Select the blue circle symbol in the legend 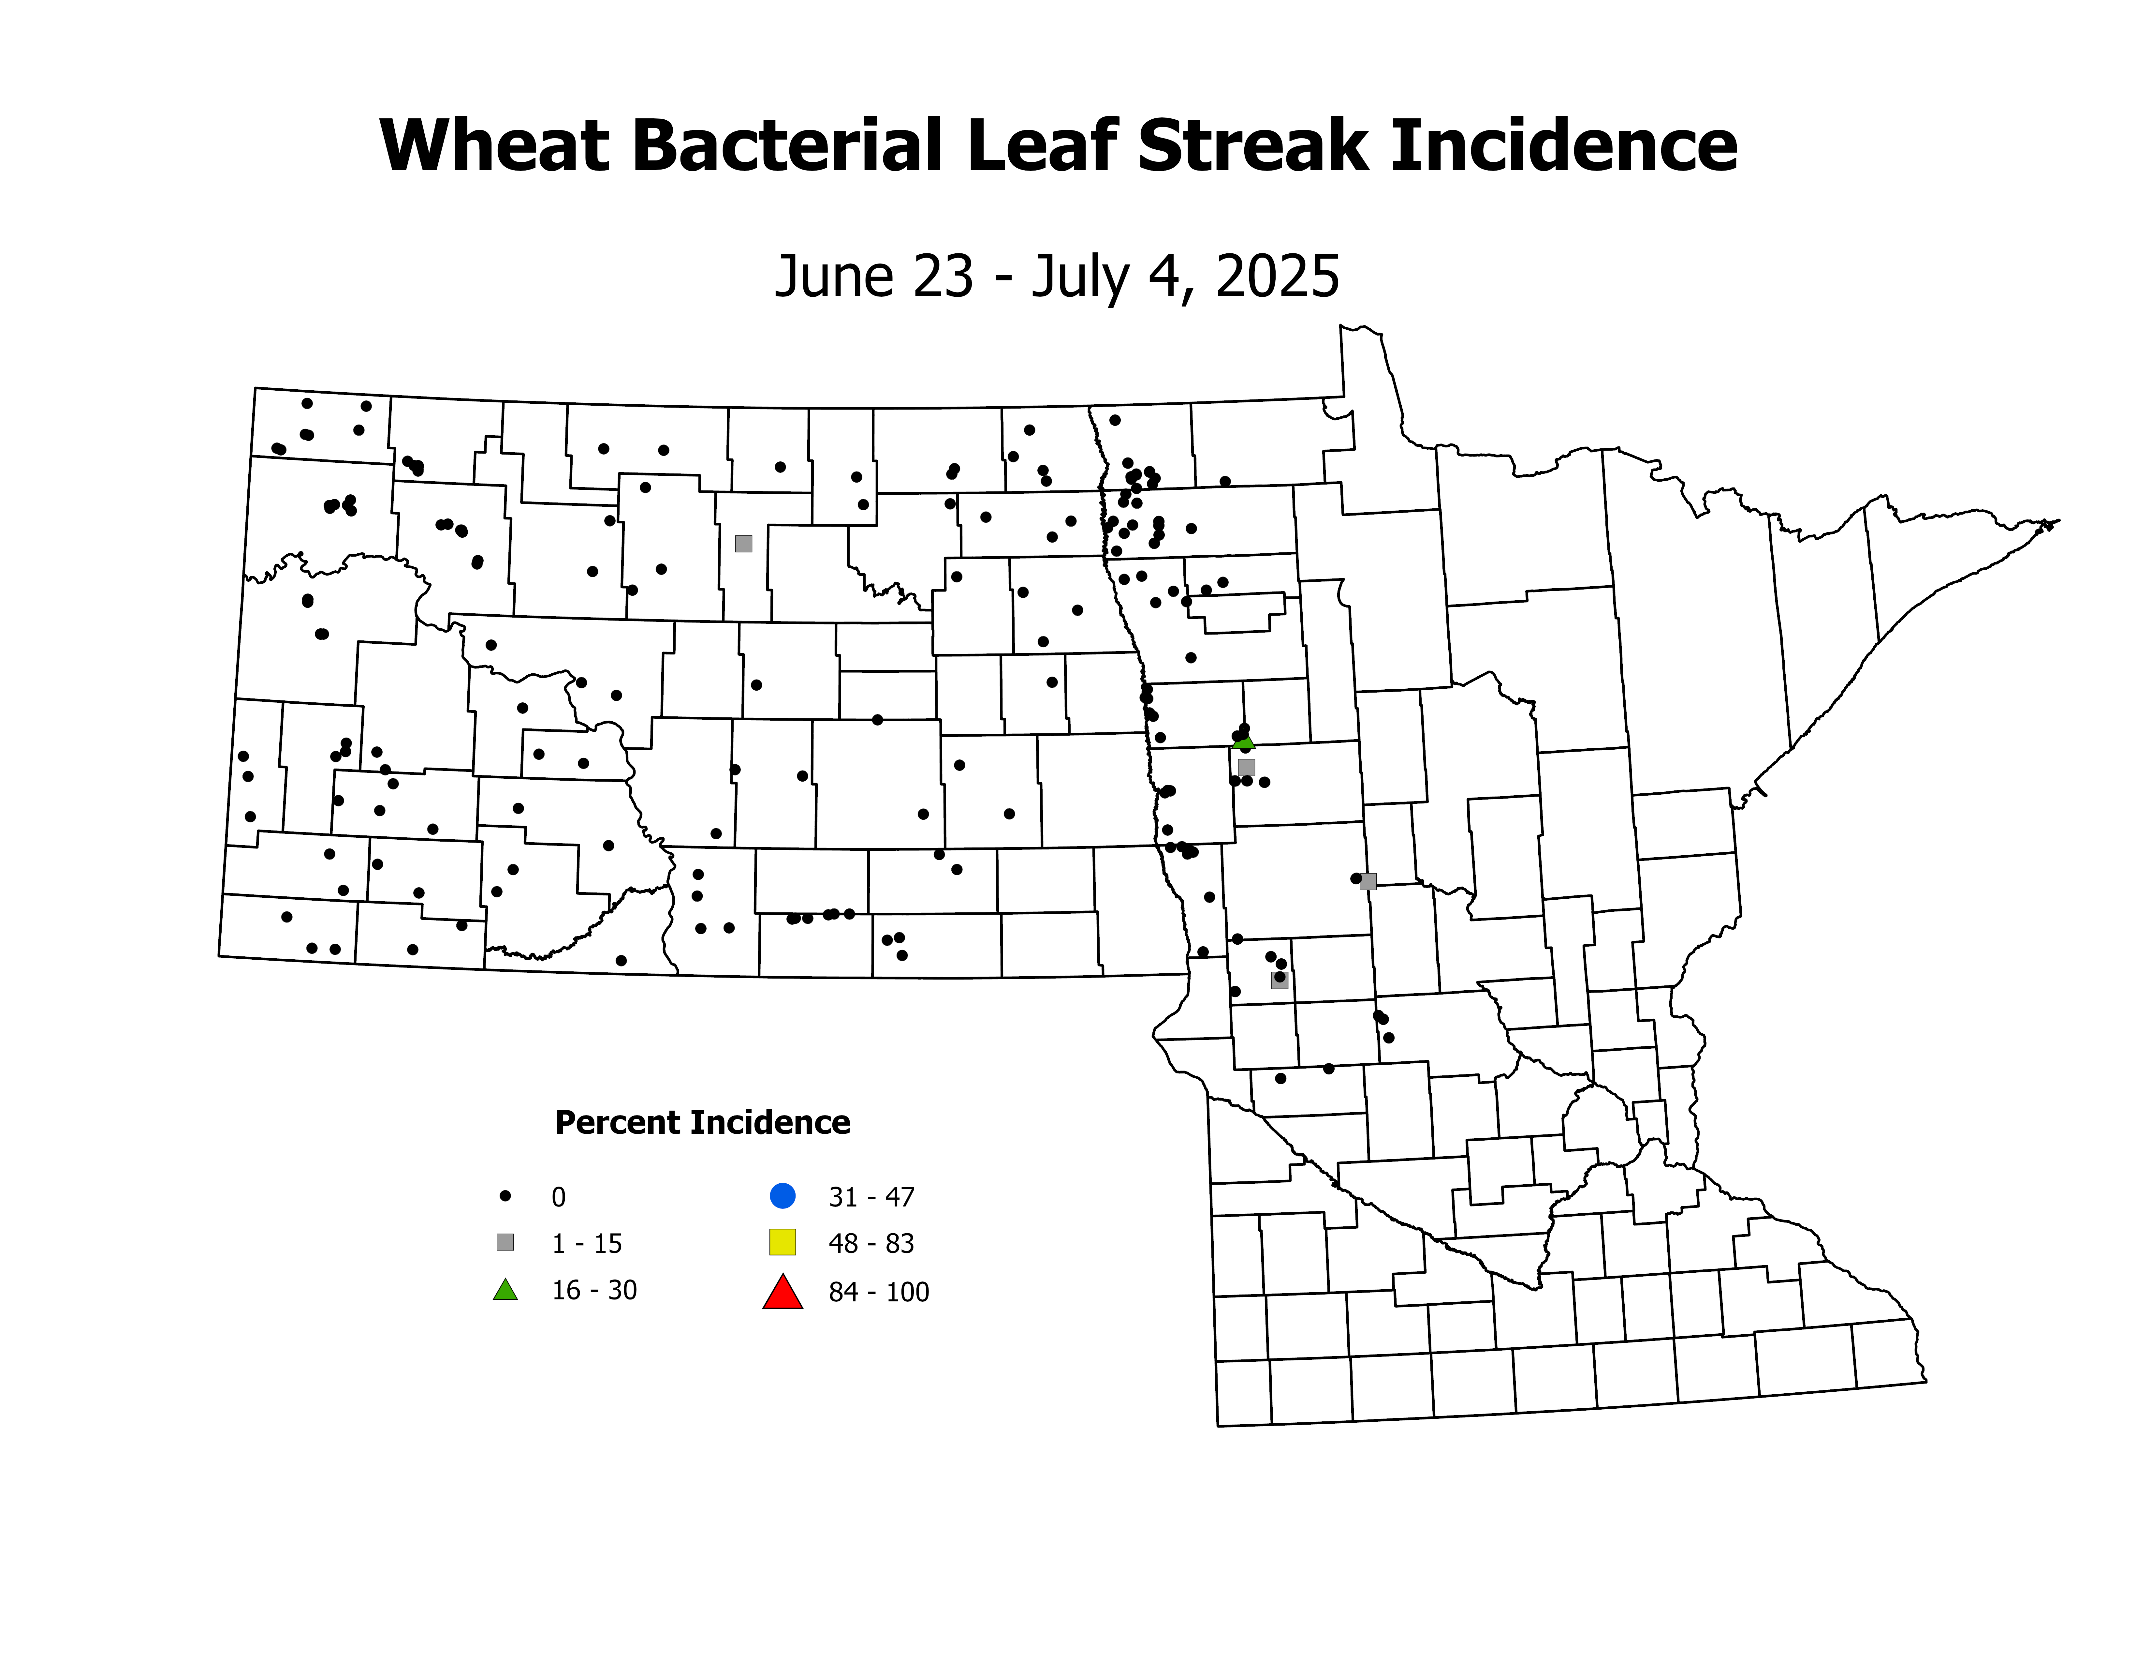tap(782, 1196)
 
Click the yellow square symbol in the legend tap(782, 1242)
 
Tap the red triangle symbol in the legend tap(782, 1292)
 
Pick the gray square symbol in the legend tap(505, 1242)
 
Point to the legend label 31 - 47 tap(871, 1197)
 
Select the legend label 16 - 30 tap(594, 1291)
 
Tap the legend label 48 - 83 tap(871, 1243)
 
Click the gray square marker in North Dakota tap(744, 544)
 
